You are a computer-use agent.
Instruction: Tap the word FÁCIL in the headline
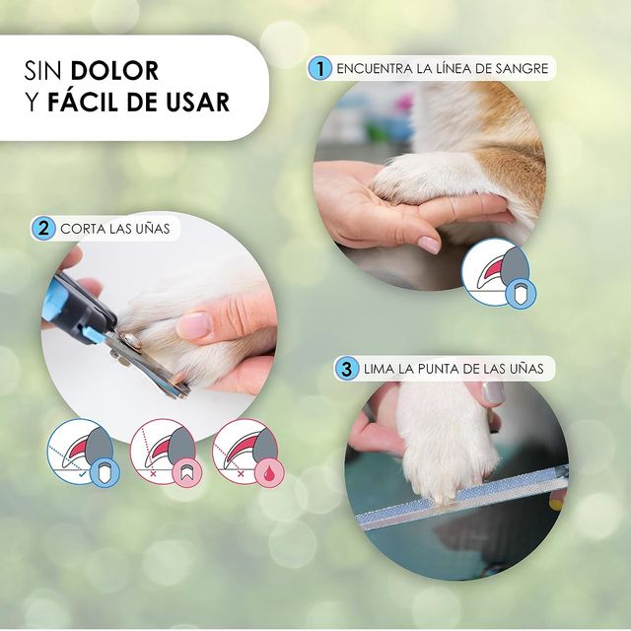[93, 102]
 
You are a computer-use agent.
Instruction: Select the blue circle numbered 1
[318, 69]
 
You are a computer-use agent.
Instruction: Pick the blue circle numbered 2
[42, 229]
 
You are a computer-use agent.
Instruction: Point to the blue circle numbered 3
[345, 370]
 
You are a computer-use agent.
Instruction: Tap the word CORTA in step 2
[84, 230]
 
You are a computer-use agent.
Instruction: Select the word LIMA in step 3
[381, 370]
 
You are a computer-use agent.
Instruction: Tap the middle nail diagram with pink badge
[164, 453]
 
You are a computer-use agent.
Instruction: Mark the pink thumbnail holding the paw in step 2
[193, 324]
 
